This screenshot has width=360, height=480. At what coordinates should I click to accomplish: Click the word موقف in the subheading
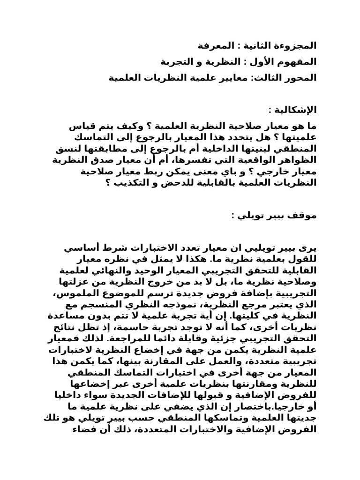304,215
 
